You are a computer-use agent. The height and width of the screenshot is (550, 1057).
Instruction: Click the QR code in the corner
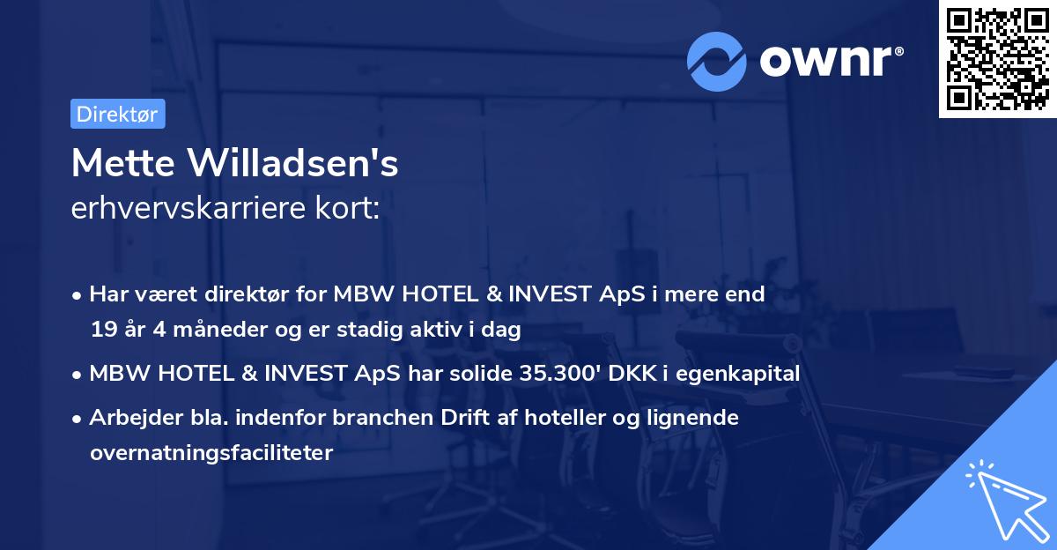996,59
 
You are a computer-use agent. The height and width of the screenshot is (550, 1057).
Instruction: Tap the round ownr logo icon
717,62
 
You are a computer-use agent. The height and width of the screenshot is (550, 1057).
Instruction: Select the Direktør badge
117,114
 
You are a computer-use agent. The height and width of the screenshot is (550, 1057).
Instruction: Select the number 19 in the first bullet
102,331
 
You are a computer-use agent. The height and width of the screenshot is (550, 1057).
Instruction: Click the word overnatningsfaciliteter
211,453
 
